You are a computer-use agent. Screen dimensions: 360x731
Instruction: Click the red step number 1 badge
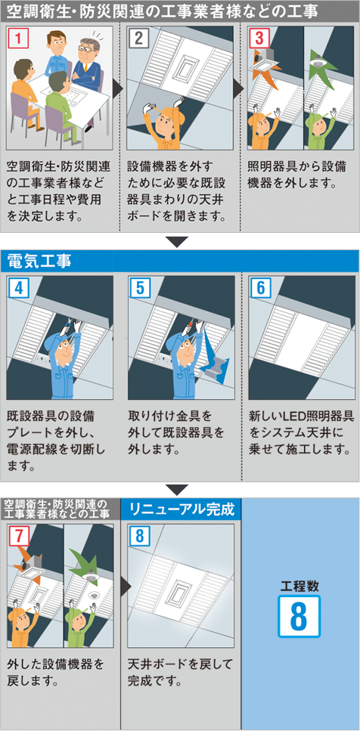point(17,38)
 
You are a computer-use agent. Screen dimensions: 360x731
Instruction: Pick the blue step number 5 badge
point(139,287)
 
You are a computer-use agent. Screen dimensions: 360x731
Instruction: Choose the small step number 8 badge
point(139,537)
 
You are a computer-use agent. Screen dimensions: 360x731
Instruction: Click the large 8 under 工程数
point(299,616)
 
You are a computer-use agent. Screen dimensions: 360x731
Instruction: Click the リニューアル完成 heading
point(182,509)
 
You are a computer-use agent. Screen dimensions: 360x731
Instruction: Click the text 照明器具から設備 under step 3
point(297,167)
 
